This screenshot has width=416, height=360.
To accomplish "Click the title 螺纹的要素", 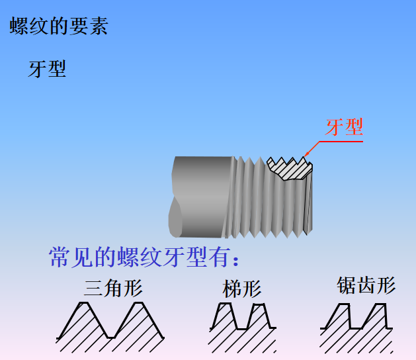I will pos(58,26).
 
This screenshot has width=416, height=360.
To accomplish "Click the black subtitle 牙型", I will pos(47,69).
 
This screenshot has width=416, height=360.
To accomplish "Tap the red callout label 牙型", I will pos(344,128).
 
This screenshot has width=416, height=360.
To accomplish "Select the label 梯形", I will pos(242,289).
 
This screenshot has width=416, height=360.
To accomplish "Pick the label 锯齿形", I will pos(366,286).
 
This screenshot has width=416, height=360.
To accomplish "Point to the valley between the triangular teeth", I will pos(111,336).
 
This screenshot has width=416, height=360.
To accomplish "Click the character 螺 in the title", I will pos(18,26).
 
